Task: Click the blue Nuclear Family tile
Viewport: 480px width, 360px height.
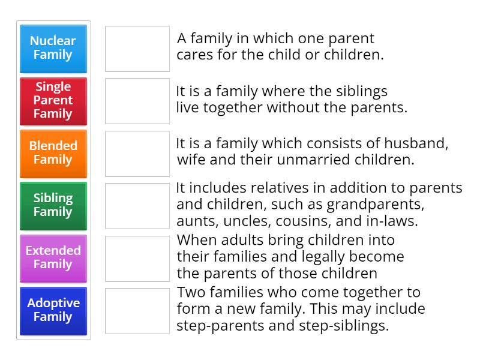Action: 53,48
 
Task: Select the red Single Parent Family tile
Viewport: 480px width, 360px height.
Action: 53,100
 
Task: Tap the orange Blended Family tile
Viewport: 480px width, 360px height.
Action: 53,153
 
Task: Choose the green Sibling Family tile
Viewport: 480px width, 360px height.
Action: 53,205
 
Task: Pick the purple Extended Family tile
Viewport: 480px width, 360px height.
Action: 53,257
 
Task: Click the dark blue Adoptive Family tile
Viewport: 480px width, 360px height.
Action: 53,310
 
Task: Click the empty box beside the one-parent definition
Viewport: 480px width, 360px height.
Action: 137,49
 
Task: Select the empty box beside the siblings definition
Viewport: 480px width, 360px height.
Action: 137,101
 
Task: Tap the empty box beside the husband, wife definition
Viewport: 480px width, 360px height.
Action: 137,154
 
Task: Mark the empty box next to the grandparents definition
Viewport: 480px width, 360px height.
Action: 137,206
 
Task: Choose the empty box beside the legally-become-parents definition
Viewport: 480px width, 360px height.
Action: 137,259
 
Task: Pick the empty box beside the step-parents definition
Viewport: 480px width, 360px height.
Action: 137,311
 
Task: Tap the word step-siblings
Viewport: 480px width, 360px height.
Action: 348,326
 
